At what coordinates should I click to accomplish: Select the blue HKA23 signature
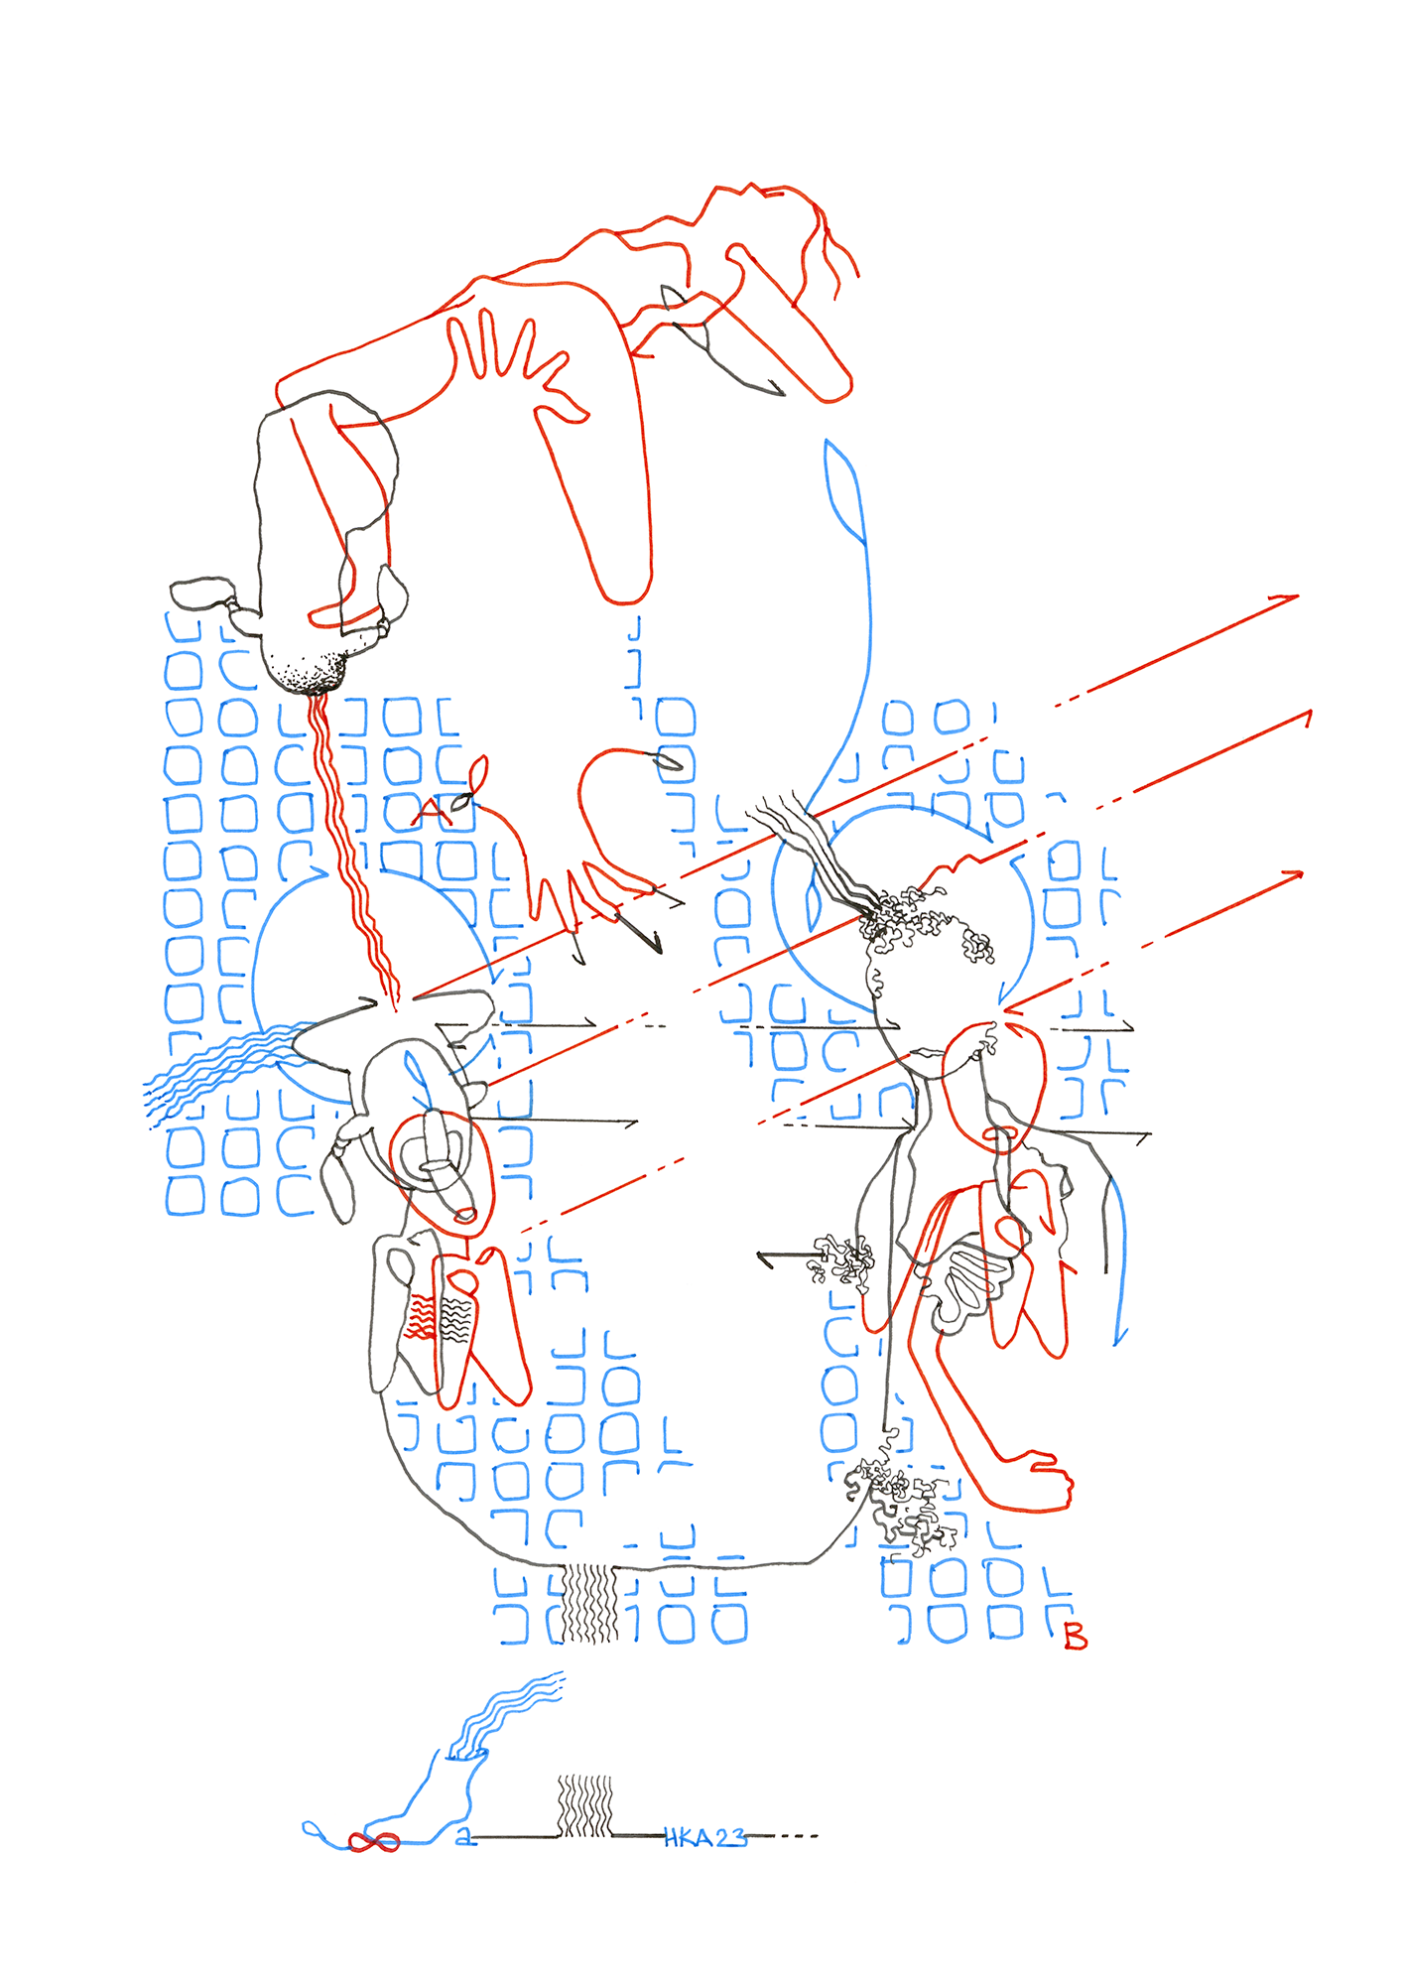click(705, 1838)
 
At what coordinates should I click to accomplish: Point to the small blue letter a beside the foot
click(463, 1837)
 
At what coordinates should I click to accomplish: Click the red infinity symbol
click(374, 1842)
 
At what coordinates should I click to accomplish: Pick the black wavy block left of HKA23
click(584, 1805)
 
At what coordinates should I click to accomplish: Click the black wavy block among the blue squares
click(589, 1602)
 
